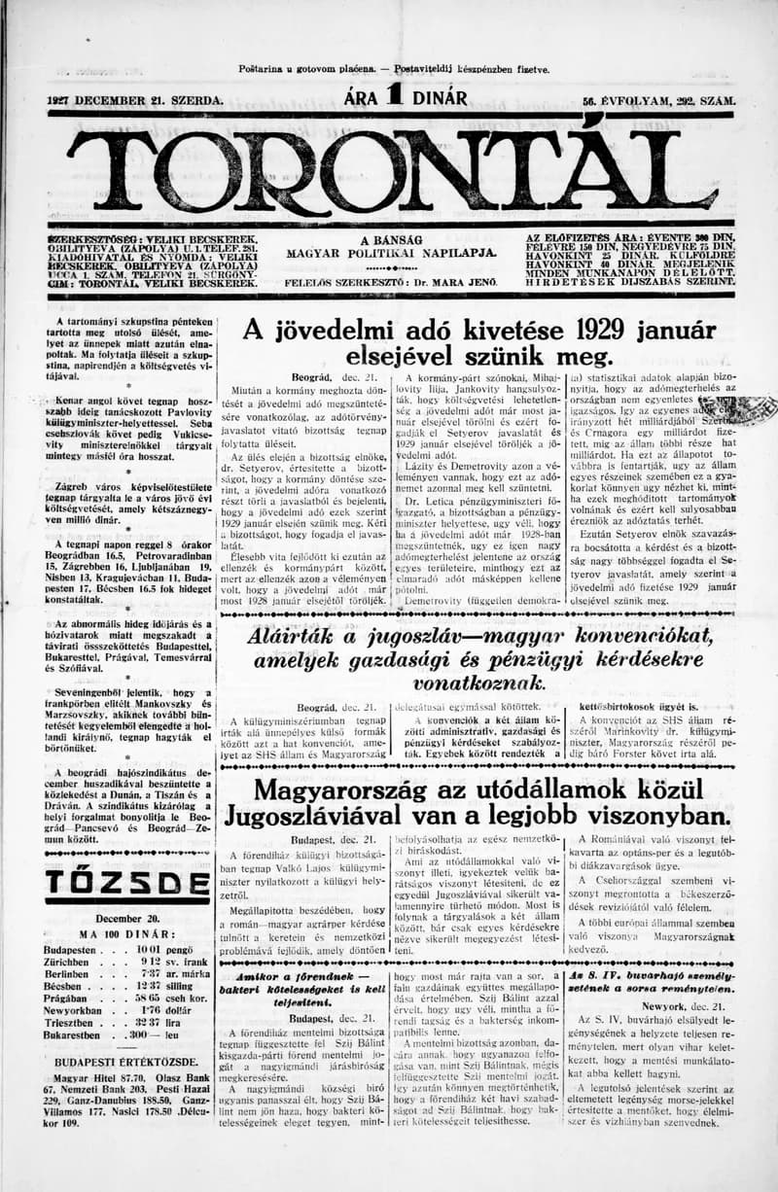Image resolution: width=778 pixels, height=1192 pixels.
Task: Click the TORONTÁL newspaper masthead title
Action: (x=389, y=173)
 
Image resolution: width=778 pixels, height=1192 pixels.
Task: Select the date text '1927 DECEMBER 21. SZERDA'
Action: (x=134, y=99)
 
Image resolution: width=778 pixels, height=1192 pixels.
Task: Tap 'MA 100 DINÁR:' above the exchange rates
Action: (x=113, y=934)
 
